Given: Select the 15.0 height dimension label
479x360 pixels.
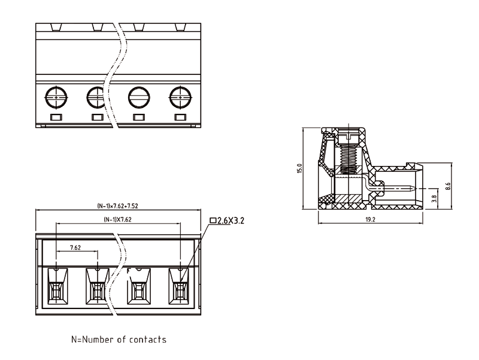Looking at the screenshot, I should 300,169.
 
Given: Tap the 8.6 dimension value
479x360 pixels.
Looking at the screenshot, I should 447,186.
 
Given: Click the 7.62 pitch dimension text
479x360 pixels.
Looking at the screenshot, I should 76,247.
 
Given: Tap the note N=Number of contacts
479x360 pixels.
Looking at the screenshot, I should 119,340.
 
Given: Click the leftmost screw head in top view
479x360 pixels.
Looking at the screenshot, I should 56,96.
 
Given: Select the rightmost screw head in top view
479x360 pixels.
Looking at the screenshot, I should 179,96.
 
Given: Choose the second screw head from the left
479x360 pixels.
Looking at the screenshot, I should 96,96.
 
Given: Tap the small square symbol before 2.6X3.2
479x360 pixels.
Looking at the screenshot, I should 213,221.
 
